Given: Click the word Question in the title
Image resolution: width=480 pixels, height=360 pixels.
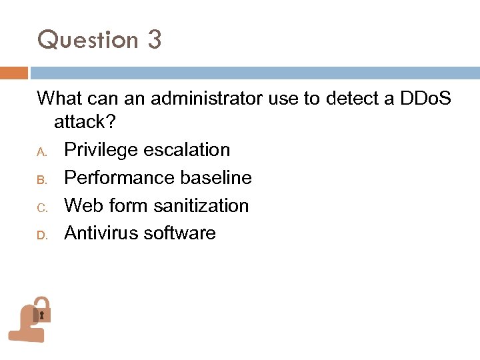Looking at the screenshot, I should tap(87, 40).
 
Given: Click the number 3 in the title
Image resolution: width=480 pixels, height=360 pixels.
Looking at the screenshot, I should tap(154, 40).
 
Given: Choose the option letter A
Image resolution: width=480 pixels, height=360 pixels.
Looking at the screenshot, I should tap(41, 151).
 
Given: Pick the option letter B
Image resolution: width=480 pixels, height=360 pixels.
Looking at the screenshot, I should tap(41, 179).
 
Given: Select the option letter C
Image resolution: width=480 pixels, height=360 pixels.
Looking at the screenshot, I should tap(41, 207).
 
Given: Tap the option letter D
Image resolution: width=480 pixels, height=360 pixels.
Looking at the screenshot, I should tap(41, 235).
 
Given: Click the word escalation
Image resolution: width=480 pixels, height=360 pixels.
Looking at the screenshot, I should tap(191, 150).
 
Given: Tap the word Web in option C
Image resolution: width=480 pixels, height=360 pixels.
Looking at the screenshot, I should tap(80, 206).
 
